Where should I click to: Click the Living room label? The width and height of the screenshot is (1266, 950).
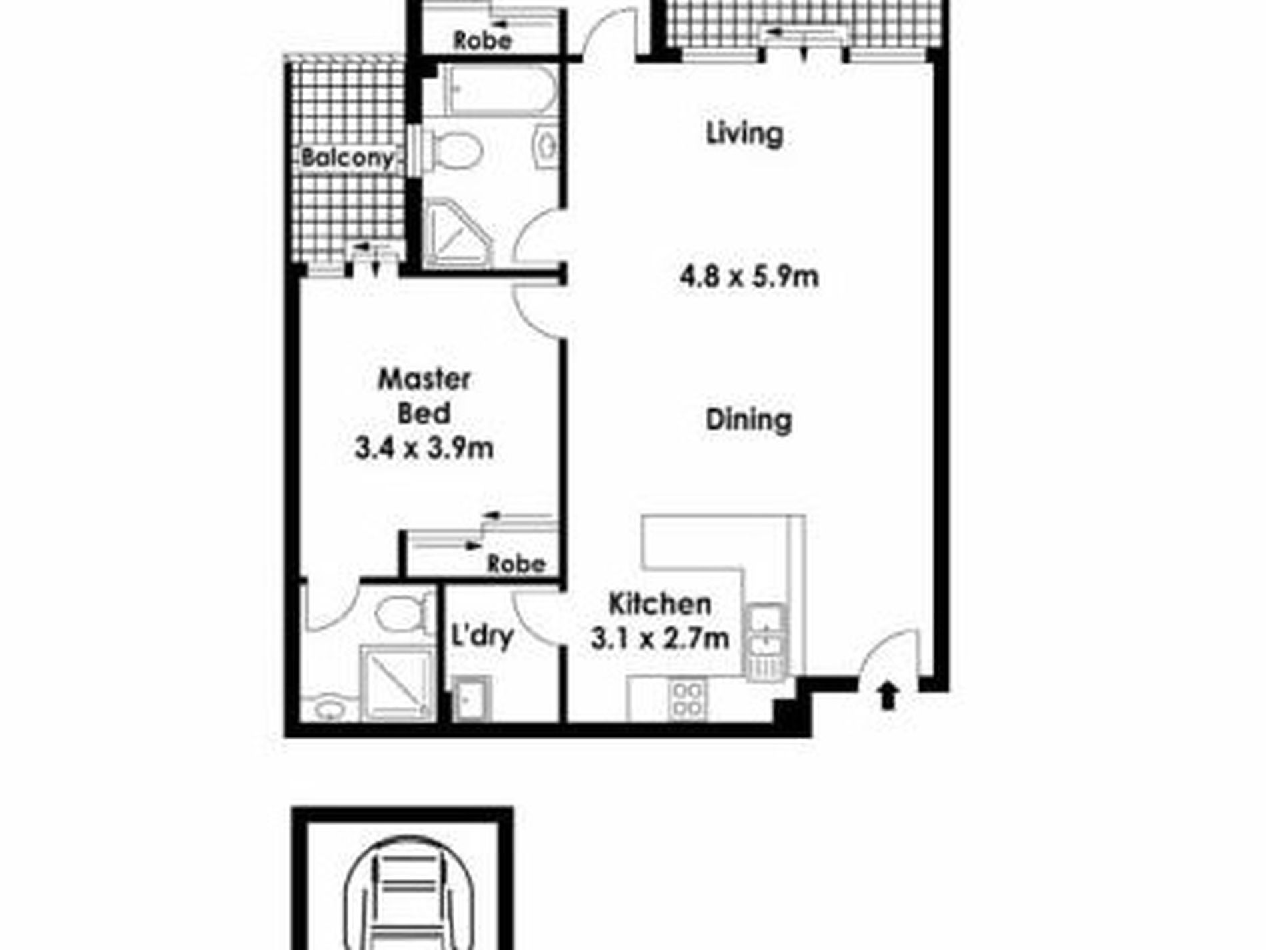[744, 133]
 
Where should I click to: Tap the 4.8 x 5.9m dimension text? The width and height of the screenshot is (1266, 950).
[749, 276]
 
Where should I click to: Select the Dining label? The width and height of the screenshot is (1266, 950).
[749, 420]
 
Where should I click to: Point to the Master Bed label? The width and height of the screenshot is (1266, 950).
[424, 396]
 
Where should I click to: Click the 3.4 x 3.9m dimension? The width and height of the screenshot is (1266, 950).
[424, 448]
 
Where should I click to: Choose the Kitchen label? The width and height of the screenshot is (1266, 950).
[660, 604]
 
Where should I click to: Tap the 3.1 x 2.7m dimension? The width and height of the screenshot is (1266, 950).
[660, 639]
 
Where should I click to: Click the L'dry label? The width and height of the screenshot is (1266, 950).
[482, 635]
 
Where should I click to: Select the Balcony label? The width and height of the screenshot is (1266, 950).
[346, 158]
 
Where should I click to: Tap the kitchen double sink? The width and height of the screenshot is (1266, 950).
[766, 642]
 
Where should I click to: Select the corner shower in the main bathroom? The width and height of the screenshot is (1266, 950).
[458, 233]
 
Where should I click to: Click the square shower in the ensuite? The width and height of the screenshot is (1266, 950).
[396, 683]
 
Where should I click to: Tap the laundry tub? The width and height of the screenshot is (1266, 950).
[472, 698]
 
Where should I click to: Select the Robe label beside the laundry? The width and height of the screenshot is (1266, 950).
[516, 565]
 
